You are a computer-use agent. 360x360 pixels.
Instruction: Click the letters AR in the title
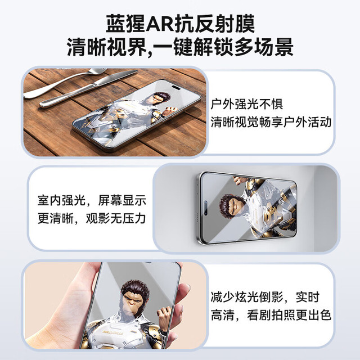click(159, 24)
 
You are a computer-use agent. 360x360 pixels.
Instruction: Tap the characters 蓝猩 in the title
click(125, 24)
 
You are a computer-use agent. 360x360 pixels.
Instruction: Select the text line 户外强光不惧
click(247, 104)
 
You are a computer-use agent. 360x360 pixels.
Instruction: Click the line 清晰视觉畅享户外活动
click(271, 121)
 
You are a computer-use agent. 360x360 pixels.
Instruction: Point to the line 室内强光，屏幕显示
click(92, 200)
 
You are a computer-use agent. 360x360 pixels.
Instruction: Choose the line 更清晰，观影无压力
click(92, 218)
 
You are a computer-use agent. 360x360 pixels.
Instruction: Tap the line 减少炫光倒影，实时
click(265, 298)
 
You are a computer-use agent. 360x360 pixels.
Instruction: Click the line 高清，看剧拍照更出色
click(271, 315)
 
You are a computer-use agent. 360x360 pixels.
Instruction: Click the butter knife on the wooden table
click(88, 89)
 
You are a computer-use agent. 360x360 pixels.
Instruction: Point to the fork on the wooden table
click(64, 83)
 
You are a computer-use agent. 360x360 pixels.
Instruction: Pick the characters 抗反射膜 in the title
click(214, 24)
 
